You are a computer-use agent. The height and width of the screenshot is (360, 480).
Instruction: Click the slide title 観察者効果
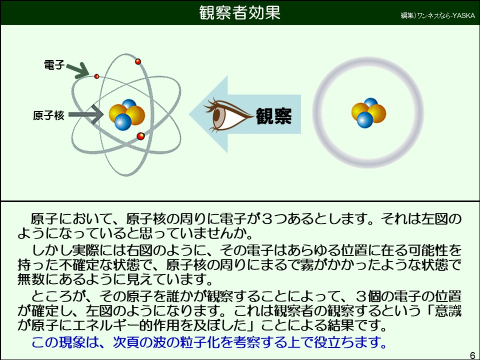(239, 12)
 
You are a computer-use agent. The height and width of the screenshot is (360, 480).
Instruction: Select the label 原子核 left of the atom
(48, 115)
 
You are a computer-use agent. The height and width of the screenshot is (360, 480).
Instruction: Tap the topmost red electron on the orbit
(138, 61)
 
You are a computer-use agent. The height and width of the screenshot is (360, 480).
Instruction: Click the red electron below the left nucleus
(140, 135)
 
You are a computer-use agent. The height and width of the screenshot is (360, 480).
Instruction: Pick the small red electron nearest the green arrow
(97, 76)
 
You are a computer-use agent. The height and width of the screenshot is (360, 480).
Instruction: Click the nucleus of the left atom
(126, 115)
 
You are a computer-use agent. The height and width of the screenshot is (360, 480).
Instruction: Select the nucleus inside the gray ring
(368, 113)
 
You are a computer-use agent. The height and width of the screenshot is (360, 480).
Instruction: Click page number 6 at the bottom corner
(472, 355)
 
